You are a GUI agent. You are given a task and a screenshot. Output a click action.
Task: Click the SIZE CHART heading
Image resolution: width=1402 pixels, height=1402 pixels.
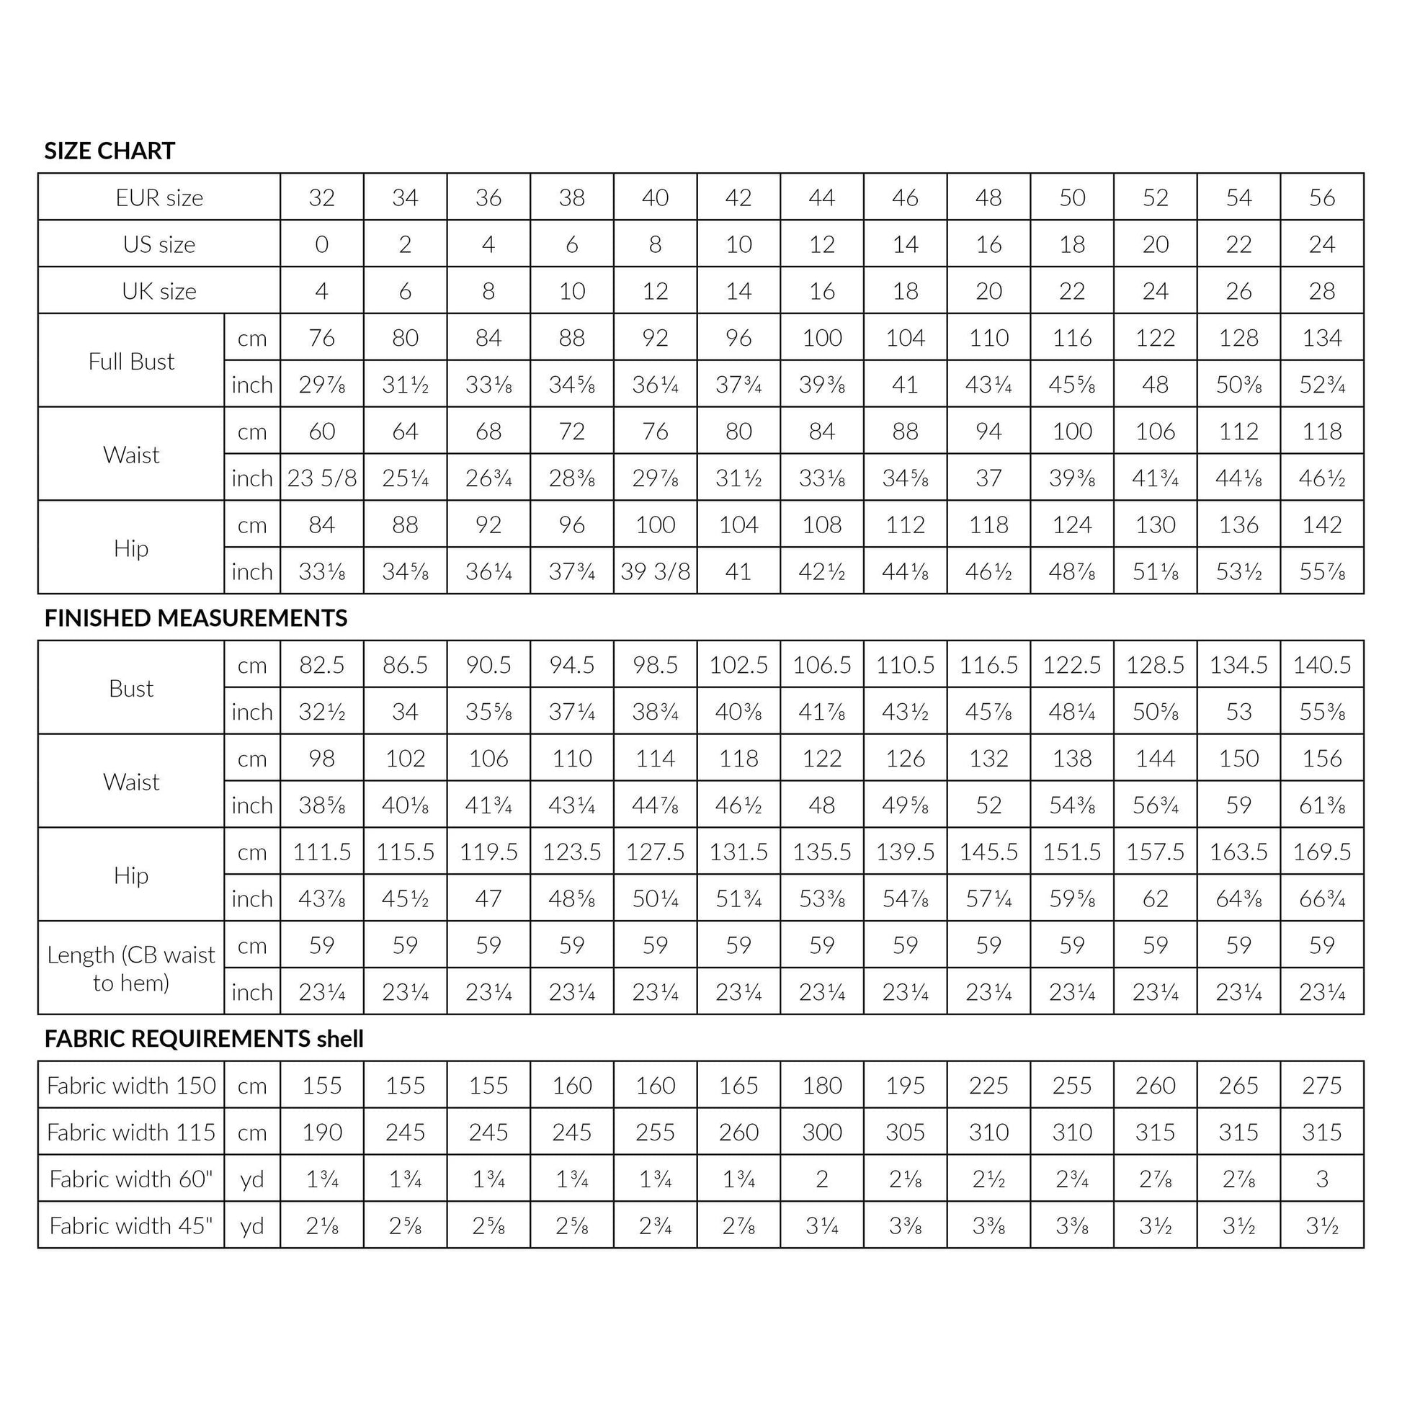110,151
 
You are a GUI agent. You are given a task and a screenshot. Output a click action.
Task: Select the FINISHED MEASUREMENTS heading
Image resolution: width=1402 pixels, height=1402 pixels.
196,618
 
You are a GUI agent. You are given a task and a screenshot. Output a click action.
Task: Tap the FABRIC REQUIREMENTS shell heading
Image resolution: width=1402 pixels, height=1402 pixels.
204,1039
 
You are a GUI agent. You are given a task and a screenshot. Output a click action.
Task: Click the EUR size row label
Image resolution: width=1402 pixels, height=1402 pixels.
159,197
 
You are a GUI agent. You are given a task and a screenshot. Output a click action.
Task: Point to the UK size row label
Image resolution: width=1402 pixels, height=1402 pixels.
159,291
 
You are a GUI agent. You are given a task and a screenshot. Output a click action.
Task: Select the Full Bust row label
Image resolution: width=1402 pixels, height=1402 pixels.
131,362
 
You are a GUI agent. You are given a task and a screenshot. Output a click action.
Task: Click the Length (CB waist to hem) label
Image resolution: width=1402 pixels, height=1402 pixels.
131,968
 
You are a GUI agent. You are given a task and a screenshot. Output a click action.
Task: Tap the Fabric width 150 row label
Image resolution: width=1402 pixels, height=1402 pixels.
131,1086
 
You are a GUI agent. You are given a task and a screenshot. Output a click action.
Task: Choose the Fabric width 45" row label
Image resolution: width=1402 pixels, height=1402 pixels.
131,1225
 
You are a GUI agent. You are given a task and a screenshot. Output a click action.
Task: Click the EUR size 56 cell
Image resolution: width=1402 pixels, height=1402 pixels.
1322,197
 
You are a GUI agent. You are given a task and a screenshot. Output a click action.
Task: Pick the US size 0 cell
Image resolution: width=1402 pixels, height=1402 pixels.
321,244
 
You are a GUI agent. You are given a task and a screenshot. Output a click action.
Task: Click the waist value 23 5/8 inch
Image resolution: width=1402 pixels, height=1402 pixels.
321,478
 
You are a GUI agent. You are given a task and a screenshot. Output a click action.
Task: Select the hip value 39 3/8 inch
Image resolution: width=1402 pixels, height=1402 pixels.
656,572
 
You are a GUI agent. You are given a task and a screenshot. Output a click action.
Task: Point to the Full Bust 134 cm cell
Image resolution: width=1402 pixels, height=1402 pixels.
1322,338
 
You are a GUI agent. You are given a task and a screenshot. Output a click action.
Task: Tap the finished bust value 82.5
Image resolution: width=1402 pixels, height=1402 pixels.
321,666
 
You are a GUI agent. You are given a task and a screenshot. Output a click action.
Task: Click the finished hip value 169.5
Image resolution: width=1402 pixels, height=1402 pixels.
1322,852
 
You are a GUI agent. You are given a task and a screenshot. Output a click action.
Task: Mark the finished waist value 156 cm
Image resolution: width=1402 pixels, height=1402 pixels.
1322,759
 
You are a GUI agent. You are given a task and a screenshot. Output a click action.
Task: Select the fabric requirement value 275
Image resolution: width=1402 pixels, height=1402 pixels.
1322,1086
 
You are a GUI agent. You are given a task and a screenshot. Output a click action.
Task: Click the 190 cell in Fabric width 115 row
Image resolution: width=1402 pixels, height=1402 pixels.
321,1132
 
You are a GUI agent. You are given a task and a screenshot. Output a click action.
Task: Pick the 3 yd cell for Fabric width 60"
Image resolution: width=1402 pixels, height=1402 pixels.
1322,1179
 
